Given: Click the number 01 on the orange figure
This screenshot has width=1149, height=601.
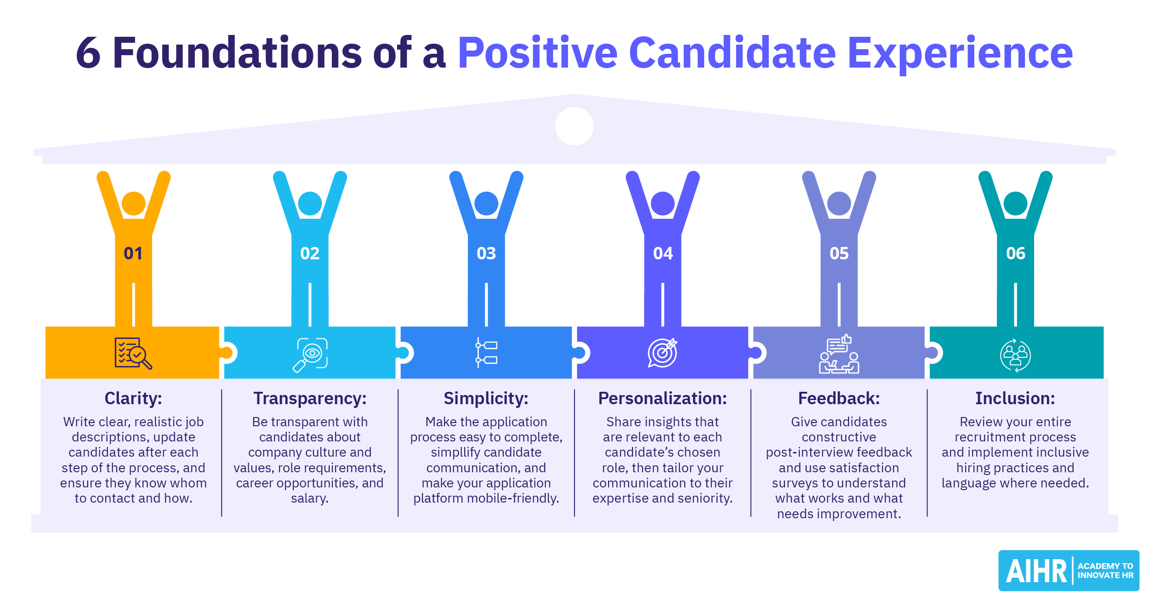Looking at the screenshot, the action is tap(133, 253).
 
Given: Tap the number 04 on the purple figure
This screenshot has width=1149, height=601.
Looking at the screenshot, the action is tap(663, 253).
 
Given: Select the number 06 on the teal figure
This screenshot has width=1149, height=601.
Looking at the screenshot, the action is tap(1016, 253).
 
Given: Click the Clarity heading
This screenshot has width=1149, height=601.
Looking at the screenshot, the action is tap(133, 398).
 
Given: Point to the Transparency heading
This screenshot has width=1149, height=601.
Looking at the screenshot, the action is tap(310, 398).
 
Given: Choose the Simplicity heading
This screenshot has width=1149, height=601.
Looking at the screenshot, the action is tap(486, 398).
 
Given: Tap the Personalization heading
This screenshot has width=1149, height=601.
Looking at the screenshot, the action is tap(663, 398).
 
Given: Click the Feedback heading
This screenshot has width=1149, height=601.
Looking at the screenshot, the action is tap(839, 398).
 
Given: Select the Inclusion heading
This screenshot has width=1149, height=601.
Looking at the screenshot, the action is tap(1016, 398).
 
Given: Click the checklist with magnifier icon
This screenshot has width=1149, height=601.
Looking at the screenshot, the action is tap(133, 353).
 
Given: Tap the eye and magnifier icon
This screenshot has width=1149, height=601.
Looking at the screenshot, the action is tap(310, 355).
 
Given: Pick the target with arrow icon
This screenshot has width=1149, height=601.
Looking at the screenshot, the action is tap(663, 353).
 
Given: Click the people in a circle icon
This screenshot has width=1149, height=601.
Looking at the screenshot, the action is tap(1016, 355).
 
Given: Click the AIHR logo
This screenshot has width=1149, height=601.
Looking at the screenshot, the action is tap(1069, 571).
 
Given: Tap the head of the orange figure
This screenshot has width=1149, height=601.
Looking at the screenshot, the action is tap(134, 203).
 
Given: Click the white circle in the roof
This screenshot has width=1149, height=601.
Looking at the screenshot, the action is tap(574, 126).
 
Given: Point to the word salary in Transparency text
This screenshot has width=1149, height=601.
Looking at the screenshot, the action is tap(310, 498).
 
